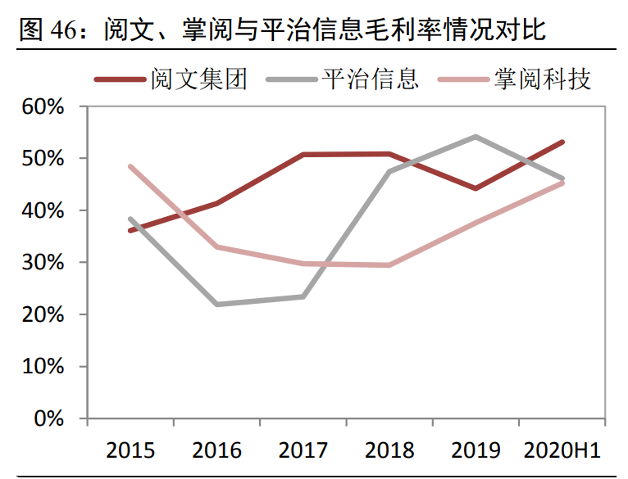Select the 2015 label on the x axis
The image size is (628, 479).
131,450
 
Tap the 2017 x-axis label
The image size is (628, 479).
303,450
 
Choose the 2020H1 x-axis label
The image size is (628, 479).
562,450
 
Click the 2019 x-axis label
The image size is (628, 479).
476,450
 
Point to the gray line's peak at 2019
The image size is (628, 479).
476,137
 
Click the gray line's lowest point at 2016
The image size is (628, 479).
216,305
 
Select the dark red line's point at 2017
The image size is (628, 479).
303,155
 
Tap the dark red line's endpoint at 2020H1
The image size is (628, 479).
562,142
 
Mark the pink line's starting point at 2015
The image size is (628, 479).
130,166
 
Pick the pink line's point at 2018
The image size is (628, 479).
389,265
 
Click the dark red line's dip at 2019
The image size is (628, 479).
476,188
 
